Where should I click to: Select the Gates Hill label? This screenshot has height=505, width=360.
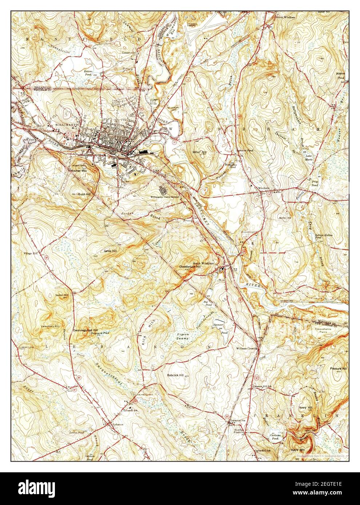[110, 251]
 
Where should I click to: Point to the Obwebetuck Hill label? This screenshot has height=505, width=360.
[190, 267]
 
